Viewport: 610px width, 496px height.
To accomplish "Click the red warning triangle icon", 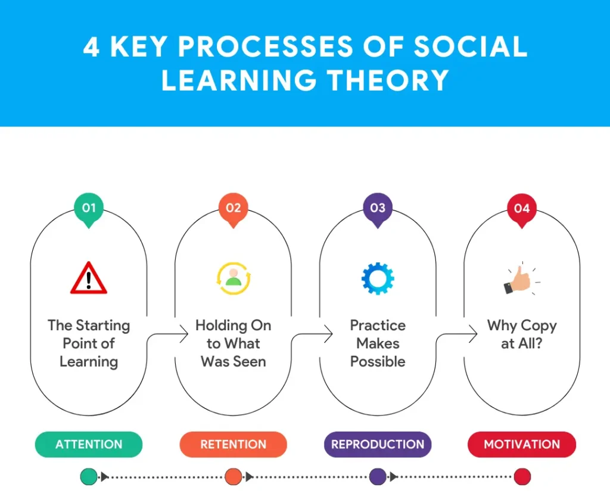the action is pyautogui.click(x=89, y=278).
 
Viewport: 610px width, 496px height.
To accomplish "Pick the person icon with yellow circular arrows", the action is pyautogui.click(x=234, y=278).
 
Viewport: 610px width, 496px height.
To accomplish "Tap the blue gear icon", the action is pyautogui.click(x=378, y=278).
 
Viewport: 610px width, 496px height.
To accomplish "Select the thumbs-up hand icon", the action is pyautogui.click(x=521, y=279).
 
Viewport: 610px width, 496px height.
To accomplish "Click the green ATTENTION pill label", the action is pyautogui.click(x=89, y=444).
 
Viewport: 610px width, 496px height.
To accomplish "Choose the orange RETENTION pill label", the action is pyautogui.click(x=234, y=444).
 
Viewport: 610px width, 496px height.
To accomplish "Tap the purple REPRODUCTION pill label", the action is pyautogui.click(x=378, y=444).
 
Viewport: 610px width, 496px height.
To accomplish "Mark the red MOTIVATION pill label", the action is pyautogui.click(x=522, y=444).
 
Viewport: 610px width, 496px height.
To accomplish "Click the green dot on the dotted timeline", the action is pyautogui.click(x=89, y=476).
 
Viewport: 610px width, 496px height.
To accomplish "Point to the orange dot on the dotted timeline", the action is pyautogui.click(x=234, y=476).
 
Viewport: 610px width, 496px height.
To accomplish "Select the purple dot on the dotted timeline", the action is pyautogui.click(x=377, y=476).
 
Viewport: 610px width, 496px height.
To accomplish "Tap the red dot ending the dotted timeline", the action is pyautogui.click(x=522, y=476).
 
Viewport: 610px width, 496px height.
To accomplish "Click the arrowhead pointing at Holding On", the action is pyautogui.click(x=184, y=334).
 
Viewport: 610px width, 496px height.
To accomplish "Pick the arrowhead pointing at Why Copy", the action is pyautogui.click(x=473, y=334).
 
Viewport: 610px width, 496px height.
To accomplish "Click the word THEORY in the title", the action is pyautogui.click(x=388, y=80).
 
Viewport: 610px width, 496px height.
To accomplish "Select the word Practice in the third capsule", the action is pyautogui.click(x=378, y=325).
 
